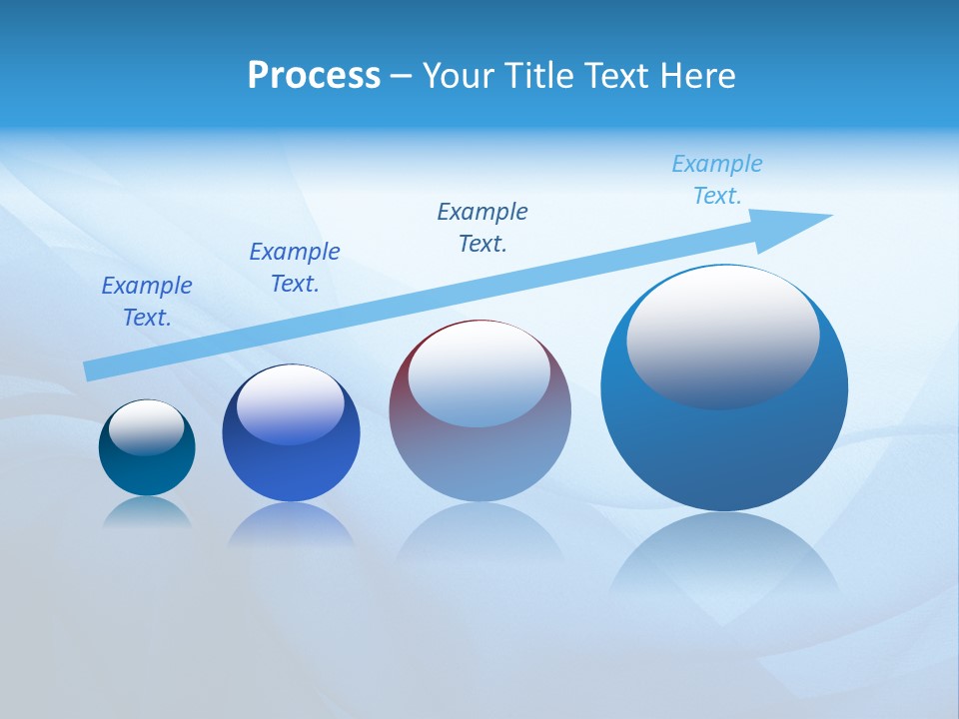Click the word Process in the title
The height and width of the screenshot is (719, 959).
(x=314, y=75)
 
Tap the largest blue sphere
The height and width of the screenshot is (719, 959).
(x=723, y=449)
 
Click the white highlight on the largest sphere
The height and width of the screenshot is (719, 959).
(x=722, y=335)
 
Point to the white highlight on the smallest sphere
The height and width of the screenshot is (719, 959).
(x=147, y=427)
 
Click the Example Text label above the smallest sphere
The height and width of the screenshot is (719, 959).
(x=147, y=302)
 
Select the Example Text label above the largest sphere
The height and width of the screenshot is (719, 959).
(x=717, y=180)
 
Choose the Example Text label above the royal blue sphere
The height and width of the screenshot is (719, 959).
(x=295, y=268)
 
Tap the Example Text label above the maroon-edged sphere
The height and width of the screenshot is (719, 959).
(x=482, y=228)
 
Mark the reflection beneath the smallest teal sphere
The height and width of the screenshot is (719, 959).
(x=147, y=511)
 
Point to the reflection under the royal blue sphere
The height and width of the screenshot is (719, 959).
(x=291, y=523)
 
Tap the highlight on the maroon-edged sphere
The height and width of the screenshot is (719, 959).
(x=479, y=372)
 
